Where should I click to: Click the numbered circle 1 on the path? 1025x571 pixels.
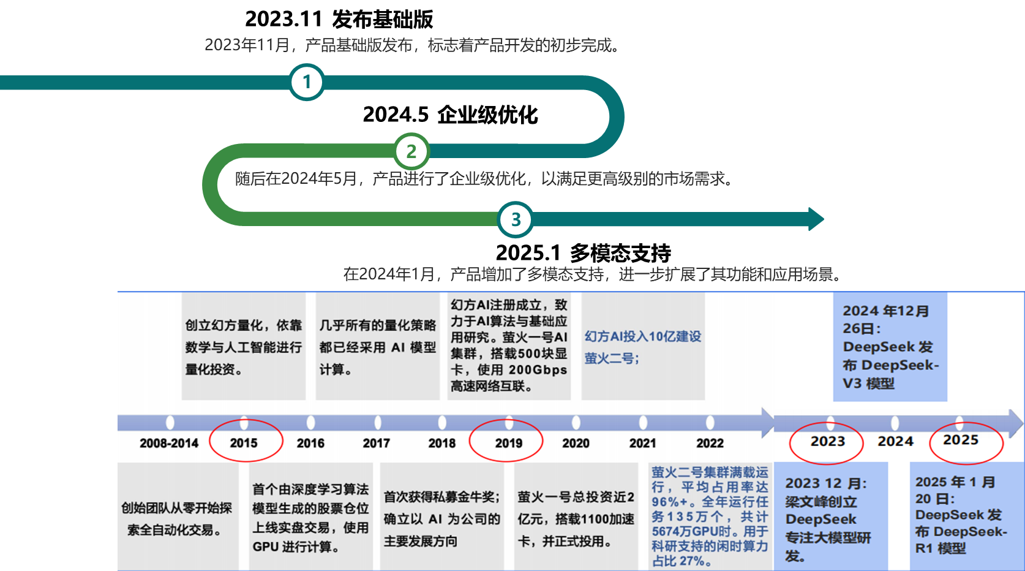click(x=307, y=82)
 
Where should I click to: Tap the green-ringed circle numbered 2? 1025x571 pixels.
click(x=411, y=151)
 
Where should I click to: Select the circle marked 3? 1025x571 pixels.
click(x=516, y=219)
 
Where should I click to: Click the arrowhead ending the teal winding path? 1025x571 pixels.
click(x=816, y=219)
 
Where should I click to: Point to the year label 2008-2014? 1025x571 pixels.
click(x=169, y=443)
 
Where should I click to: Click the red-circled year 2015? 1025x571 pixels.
click(x=244, y=443)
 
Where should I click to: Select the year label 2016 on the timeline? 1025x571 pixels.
click(x=310, y=443)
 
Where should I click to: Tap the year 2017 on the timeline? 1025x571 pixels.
click(x=376, y=443)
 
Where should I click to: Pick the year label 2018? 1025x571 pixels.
click(x=442, y=443)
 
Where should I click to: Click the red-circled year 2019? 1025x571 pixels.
click(x=508, y=443)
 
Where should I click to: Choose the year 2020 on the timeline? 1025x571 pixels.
click(x=576, y=443)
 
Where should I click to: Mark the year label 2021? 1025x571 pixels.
click(x=642, y=443)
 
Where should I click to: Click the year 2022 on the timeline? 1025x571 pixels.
click(x=710, y=443)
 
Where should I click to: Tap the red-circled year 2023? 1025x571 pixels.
click(x=828, y=442)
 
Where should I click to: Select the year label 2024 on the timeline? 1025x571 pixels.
click(x=895, y=442)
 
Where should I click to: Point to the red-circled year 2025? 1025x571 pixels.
click(x=961, y=441)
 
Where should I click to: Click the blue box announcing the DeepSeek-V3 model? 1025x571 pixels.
click(x=890, y=347)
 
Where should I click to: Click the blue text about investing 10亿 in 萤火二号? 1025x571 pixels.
click(x=643, y=347)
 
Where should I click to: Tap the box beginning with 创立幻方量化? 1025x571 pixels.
click(x=244, y=347)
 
